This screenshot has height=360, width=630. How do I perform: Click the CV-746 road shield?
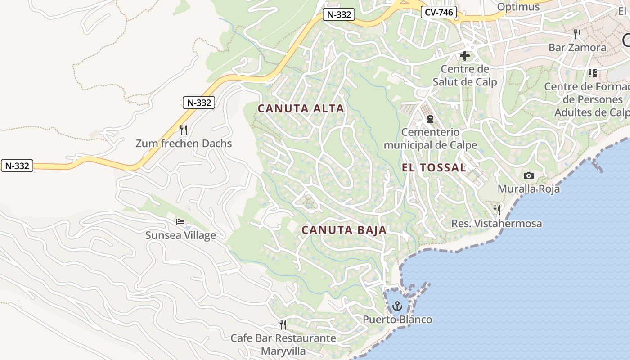pos(439,13)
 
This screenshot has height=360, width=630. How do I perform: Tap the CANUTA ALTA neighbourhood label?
pos(301,108)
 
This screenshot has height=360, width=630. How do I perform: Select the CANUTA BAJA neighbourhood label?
pos(344,230)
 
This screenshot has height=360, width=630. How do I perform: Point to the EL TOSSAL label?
pos(434,168)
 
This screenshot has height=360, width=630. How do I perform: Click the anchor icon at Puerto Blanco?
pos(397,306)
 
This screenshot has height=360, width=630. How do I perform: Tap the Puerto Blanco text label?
pos(397,319)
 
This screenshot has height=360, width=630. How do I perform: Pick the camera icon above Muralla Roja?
pos(529,176)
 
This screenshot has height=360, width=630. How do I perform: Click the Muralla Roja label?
pos(529,189)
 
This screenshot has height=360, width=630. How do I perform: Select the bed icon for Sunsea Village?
pos(180,222)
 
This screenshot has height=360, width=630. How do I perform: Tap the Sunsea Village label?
pos(180,235)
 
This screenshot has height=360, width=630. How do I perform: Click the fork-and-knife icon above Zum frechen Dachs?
pos(184,130)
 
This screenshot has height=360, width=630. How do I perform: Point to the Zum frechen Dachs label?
pos(184,144)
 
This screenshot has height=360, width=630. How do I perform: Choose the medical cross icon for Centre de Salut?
pos(465,56)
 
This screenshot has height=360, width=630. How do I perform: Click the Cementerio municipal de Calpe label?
pos(430,139)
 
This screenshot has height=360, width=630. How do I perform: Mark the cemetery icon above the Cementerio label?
pos(430,119)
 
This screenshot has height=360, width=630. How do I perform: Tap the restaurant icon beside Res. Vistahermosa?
pos(497,210)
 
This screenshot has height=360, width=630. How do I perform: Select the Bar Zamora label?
pos(577,48)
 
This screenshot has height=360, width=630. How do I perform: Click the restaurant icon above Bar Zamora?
pos(577,34)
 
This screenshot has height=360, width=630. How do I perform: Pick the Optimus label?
pos(518,7)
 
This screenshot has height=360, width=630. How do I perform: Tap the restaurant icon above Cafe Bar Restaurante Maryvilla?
pos(283,324)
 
